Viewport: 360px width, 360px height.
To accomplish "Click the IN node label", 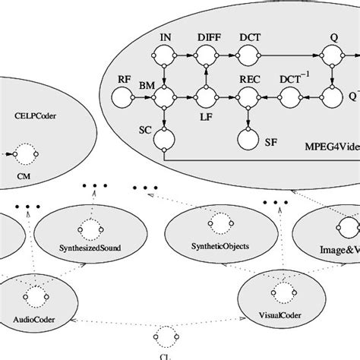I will (x=165, y=36).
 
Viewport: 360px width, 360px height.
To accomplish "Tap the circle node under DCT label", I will (x=248, y=55).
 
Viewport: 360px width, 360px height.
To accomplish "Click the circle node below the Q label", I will (x=331, y=55).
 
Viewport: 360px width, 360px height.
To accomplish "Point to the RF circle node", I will (x=123, y=97).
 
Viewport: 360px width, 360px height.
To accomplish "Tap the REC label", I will (x=249, y=79).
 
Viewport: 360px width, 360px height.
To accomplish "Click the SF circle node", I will (x=247, y=140).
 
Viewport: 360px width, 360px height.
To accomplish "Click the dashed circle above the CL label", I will (x=166, y=335).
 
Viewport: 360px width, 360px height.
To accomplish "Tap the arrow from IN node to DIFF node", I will (x=185, y=55).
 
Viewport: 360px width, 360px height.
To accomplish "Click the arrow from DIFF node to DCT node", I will (x=226, y=55).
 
